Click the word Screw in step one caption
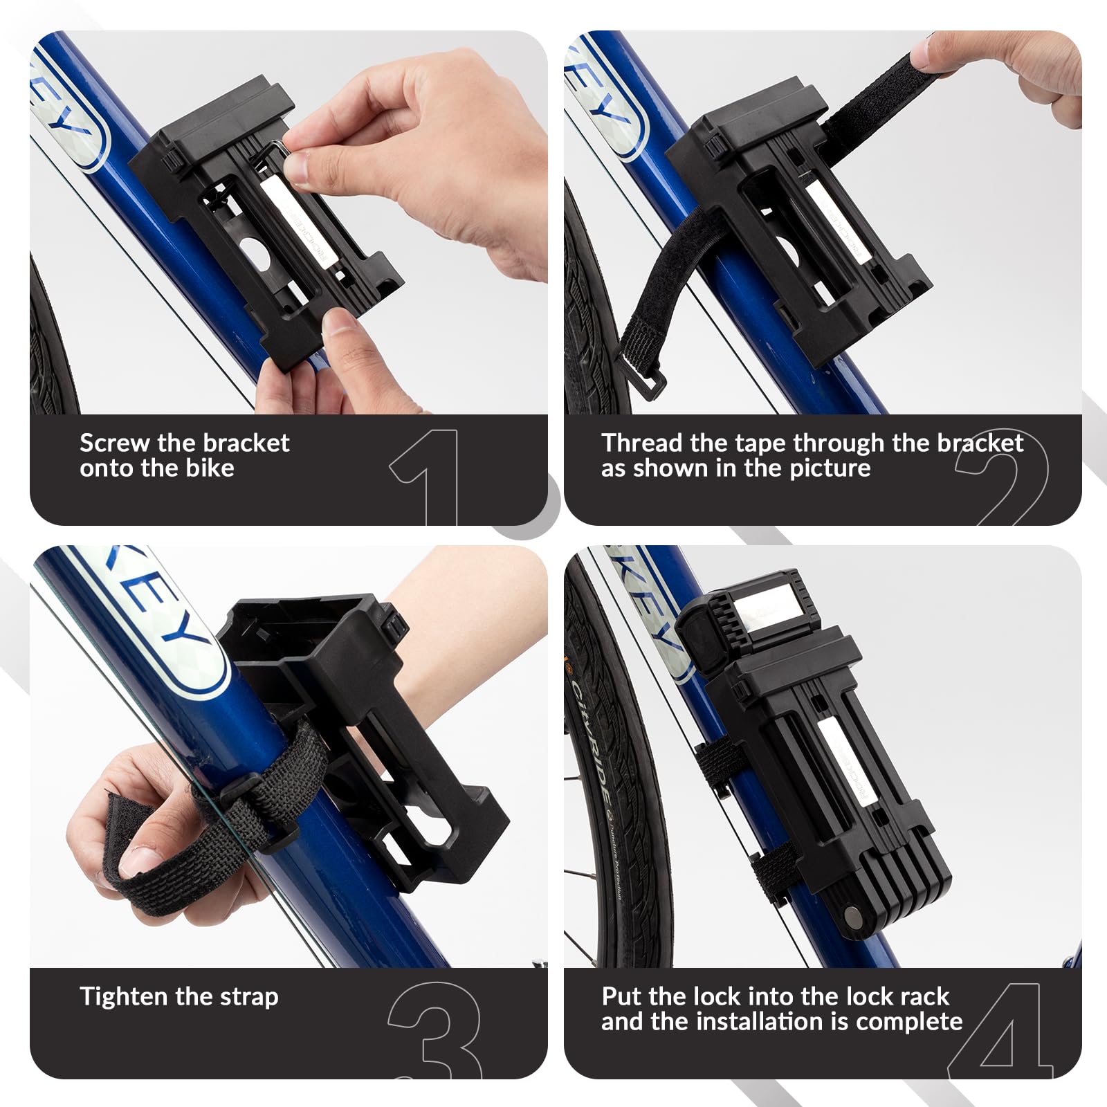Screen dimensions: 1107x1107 pos(114,443)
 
